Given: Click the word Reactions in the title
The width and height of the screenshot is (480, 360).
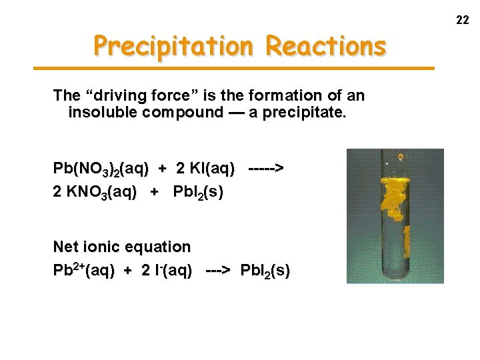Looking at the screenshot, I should coord(325,46).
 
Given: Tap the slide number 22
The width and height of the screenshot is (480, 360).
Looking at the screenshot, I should coord(462,21).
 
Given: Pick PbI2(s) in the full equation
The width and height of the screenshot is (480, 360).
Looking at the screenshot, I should coord(198,193).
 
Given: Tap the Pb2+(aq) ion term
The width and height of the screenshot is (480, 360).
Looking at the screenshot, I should coord(83,271).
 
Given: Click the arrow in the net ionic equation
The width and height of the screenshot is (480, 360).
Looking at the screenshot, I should coord(218,271).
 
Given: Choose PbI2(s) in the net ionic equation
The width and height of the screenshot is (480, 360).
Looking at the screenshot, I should coord(265,271).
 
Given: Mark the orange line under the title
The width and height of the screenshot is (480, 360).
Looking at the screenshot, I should coord(233,68).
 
